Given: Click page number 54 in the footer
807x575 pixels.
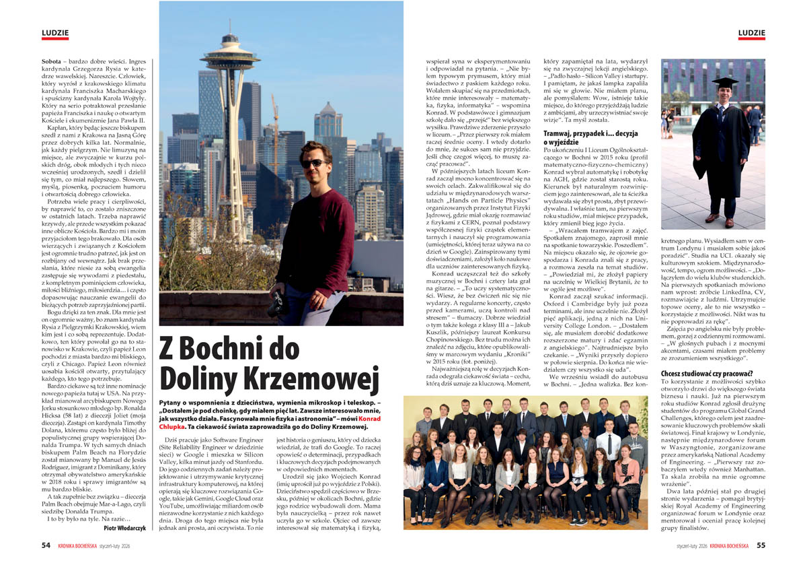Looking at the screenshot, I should (x=46, y=545).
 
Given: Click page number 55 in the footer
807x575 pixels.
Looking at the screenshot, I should (x=761, y=545).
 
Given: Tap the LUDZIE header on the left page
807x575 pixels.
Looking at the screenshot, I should (x=54, y=33).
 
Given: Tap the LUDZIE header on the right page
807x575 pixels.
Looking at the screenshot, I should (x=751, y=33).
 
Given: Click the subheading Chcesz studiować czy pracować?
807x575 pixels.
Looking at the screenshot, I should (x=706, y=373).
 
